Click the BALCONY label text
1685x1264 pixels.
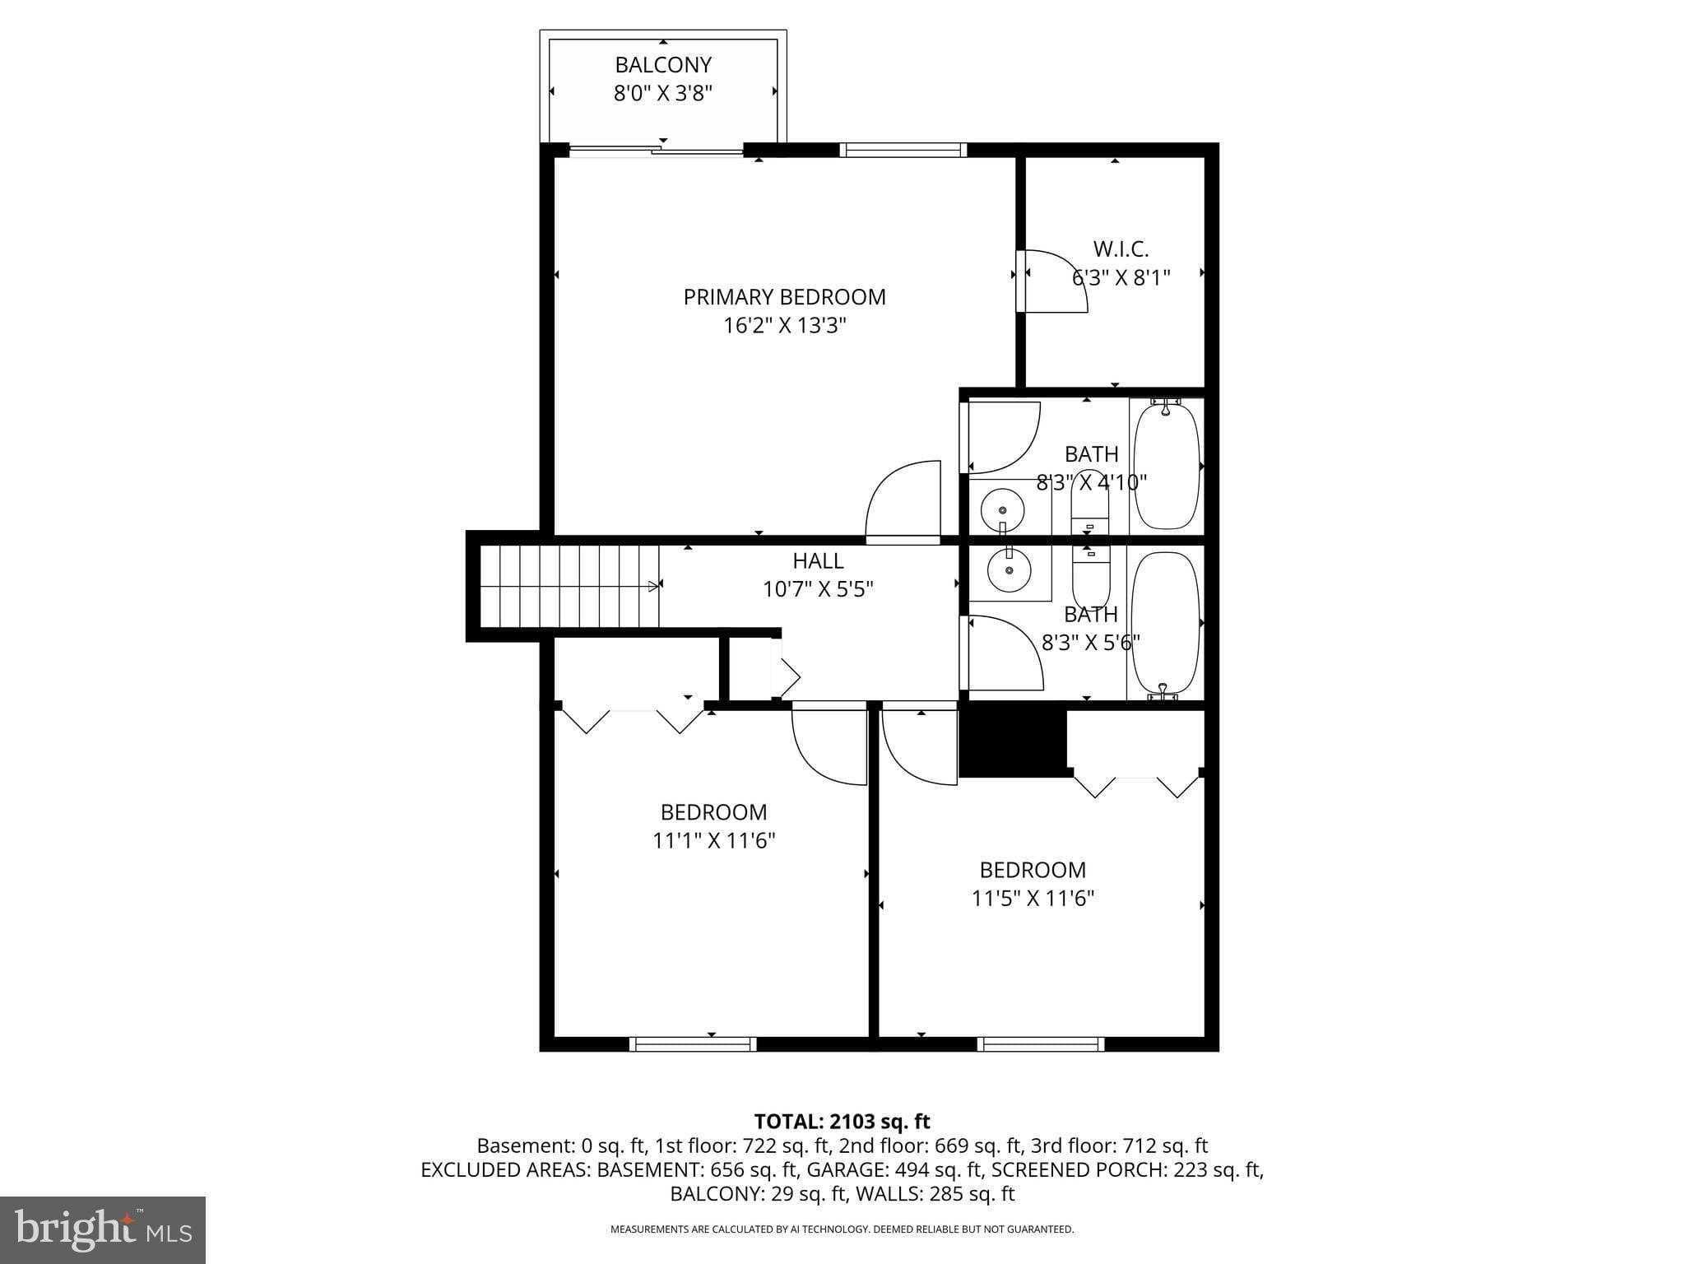tap(663, 64)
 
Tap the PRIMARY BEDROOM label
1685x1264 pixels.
tap(784, 297)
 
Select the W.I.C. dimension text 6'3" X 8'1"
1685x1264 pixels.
tap(1120, 277)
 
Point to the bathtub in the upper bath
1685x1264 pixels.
tap(1167, 465)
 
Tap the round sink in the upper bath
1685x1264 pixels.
tap(1002, 509)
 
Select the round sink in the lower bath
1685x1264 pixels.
tap(1008, 569)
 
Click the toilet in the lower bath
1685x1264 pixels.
tap(1091, 576)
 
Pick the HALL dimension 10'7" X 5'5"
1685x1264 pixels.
tap(818, 589)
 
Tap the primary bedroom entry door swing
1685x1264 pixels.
tap(903, 502)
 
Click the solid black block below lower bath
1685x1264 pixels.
tap(1013, 743)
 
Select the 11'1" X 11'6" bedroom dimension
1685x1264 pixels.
tap(713, 841)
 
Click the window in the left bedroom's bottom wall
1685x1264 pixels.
tap(693, 1043)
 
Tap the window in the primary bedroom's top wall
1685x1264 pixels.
tap(903, 150)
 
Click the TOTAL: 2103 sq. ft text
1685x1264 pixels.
tap(842, 1121)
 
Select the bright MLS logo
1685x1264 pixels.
tap(103, 1229)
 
